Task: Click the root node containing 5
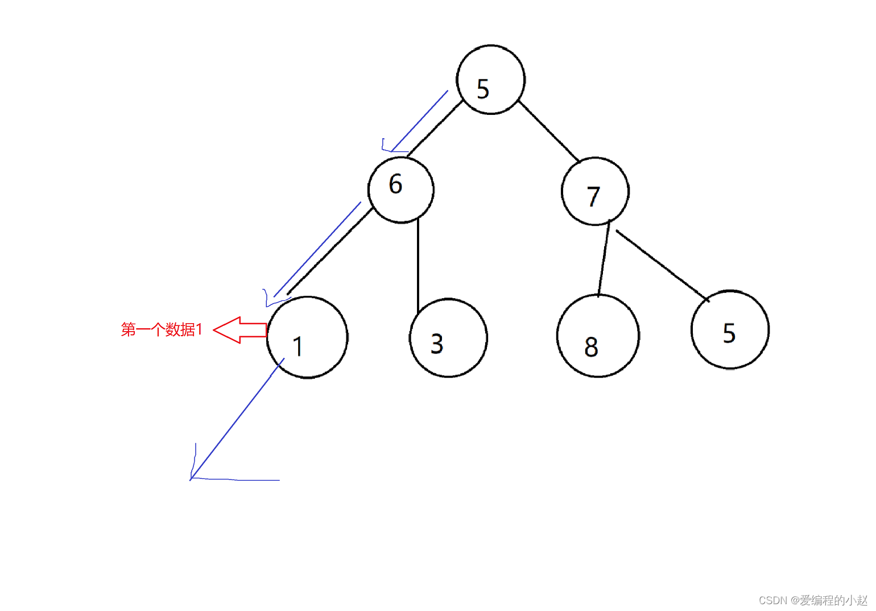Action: pyautogui.click(x=491, y=80)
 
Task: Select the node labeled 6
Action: pyautogui.click(x=401, y=189)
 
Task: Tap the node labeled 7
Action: pyautogui.click(x=595, y=192)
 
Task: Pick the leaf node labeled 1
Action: pyautogui.click(x=307, y=337)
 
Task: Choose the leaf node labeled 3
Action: pyautogui.click(x=448, y=337)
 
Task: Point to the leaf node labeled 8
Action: pyautogui.click(x=598, y=336)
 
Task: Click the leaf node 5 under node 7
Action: pyautogui.click(x=730, y=329)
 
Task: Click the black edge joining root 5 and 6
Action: pyautogui.click(x=435, y=129)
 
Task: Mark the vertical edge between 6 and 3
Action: pyautogui.click(x=418, y=265)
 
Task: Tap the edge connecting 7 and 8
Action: pyautogui.click(x=604, y=259)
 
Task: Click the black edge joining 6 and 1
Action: pyautogui.click(x=330, y=252)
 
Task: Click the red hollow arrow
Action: pyautogui.click(x=239, y=330)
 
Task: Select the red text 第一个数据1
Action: pyautogui.click(x=162, y=329)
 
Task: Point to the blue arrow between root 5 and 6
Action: pyautogui.click(x=420, y=121)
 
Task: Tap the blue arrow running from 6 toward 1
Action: pyautogui.click(x=317, y=250)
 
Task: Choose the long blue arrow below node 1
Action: pyautogui.click(x=236, y=420)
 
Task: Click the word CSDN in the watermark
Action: pyautogui.click(x=772, y=600)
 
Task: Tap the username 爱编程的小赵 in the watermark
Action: pyautogui.click(x=833, y=600)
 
